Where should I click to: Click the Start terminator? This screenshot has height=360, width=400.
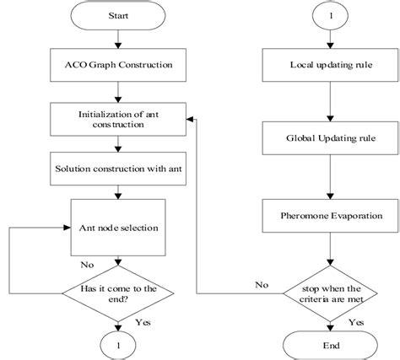tap(119, 15)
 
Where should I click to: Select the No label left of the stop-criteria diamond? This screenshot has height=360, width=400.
tap(262, 285)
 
